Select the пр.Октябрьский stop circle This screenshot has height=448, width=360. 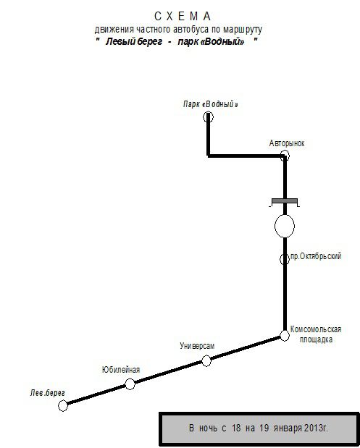pyautogui.click(x=281, y=259)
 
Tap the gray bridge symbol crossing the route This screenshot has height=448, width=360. pyautogui.click(x=285, y=201)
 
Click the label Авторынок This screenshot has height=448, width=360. pyautogui.click(x=287, y=143)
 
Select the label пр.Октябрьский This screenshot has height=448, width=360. pyautogui.click(x=316, y=256)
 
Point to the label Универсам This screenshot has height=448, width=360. pyautogui.click(x=197, y=346)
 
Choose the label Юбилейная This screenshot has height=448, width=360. pyautogui.click(x=121, y=370)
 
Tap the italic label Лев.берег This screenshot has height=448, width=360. pyautogui.click(x=48, y=393)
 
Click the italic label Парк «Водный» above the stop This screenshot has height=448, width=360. pyautogui.click(x=211, y=104)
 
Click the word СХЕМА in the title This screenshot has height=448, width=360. pyautogui.click(x=183, y=17)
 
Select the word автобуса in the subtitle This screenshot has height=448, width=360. pyautogui.click(x=191, y=29)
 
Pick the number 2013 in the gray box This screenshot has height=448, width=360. pyautogui.click(x=314, y=428)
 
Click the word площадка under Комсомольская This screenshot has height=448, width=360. pyautogui.click(x=316, y=339)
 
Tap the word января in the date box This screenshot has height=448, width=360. pyautogui.click(x=288, y=428)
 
